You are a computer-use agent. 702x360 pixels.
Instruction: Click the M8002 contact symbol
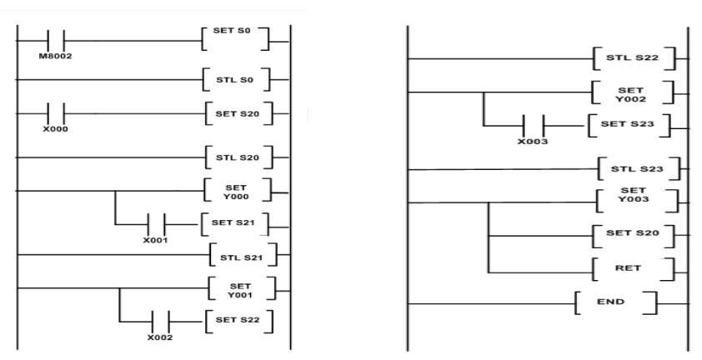point(57,40)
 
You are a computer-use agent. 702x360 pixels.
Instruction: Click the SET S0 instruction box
point(236,39)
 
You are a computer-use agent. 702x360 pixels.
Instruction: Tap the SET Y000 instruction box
point(238,191)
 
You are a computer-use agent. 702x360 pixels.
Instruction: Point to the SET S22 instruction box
point(238,321)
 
